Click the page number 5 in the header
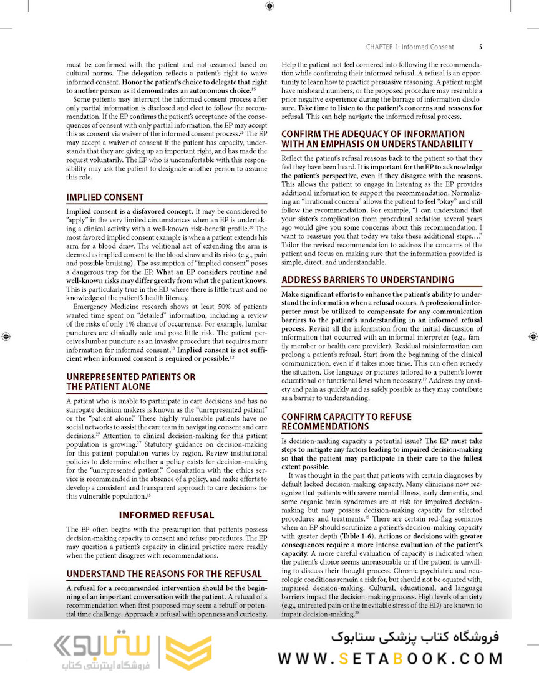coord(480,47)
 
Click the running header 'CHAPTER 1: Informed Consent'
coord(410,47)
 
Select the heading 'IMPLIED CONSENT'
coord(105,198)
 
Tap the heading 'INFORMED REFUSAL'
coord(167,515)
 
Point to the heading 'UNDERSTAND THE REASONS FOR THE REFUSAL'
coord(164,573)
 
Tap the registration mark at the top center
coord(269,6)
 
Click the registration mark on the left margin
coord(6,336)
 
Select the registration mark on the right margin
coord(533,336)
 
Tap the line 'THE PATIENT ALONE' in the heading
coord(108,387)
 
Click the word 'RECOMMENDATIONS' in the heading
coord(324,427)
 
